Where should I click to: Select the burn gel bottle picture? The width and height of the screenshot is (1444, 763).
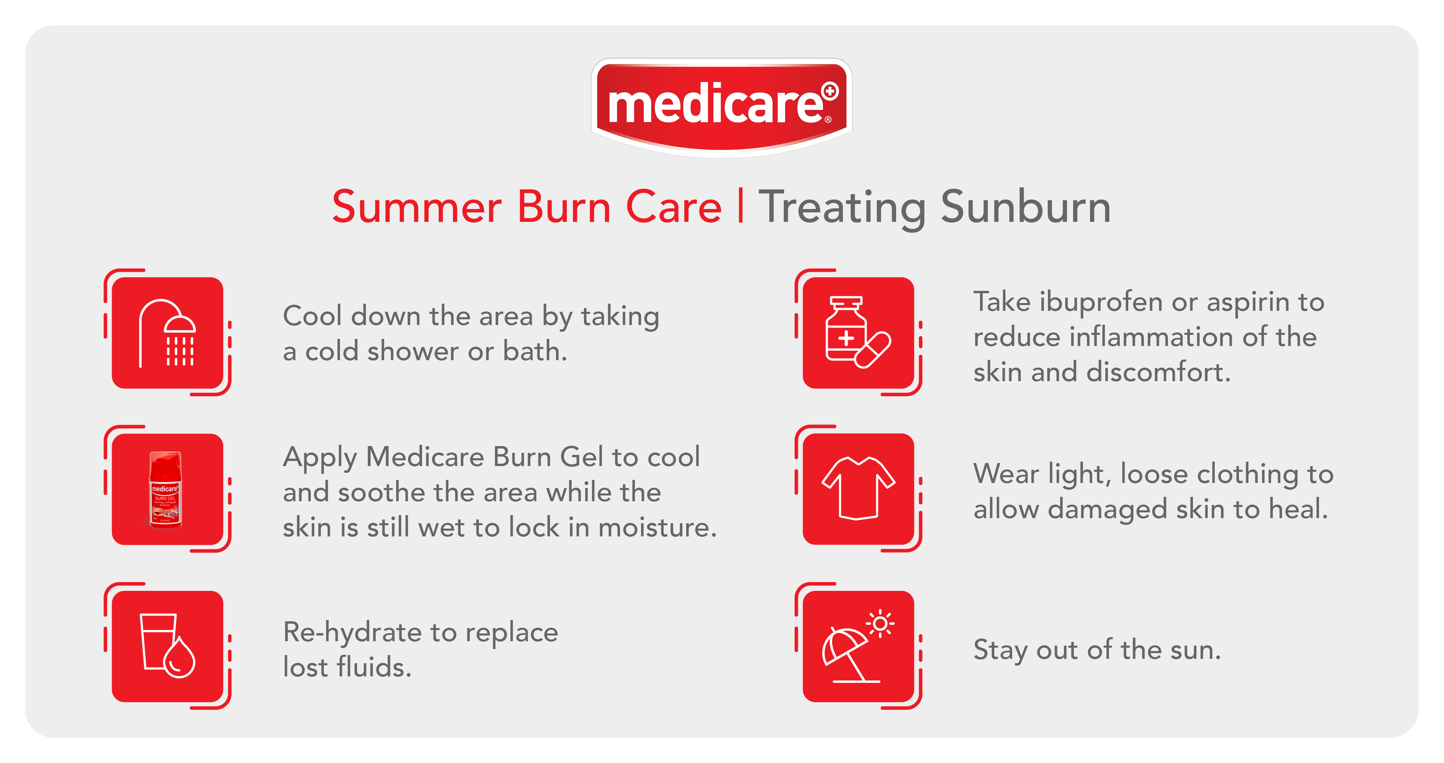click(165, 489)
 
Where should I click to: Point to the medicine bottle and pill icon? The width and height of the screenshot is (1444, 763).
click(858, 332)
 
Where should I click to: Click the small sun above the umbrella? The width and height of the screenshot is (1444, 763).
click(880, 623)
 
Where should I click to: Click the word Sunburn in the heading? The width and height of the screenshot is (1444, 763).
click(1025, 207)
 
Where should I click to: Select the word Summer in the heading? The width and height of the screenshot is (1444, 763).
click(417, 207)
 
